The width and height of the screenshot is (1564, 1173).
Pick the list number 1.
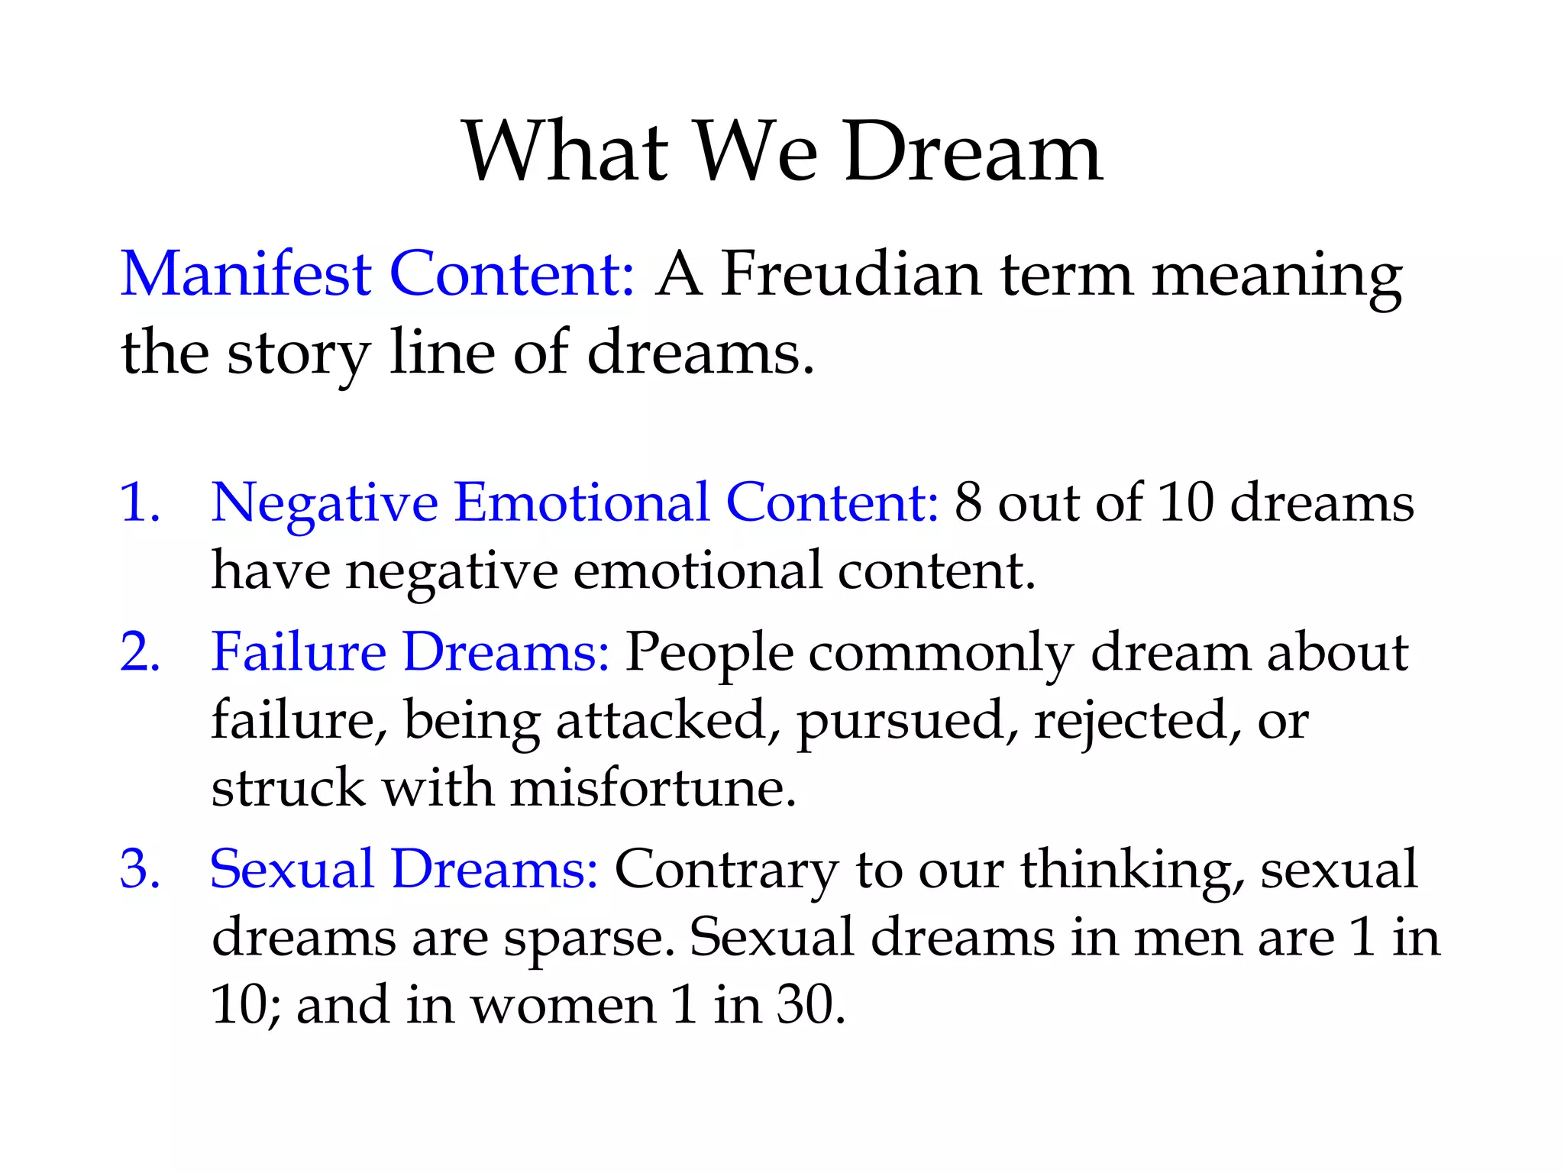(x=140, y=502)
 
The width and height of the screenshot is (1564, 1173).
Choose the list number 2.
(x=140, y=652)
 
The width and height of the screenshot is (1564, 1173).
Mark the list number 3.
(x=140, y=868)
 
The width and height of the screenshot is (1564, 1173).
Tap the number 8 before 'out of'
(x=968, y=502)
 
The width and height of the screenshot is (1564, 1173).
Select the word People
(x=709, y=654)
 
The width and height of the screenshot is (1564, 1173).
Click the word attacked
(x=661, y=719)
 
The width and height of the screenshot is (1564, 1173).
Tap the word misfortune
(x=653, y=787)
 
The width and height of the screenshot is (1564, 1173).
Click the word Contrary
(x=726, y=870)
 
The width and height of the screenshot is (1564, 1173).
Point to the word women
(x=563, y=1005)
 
